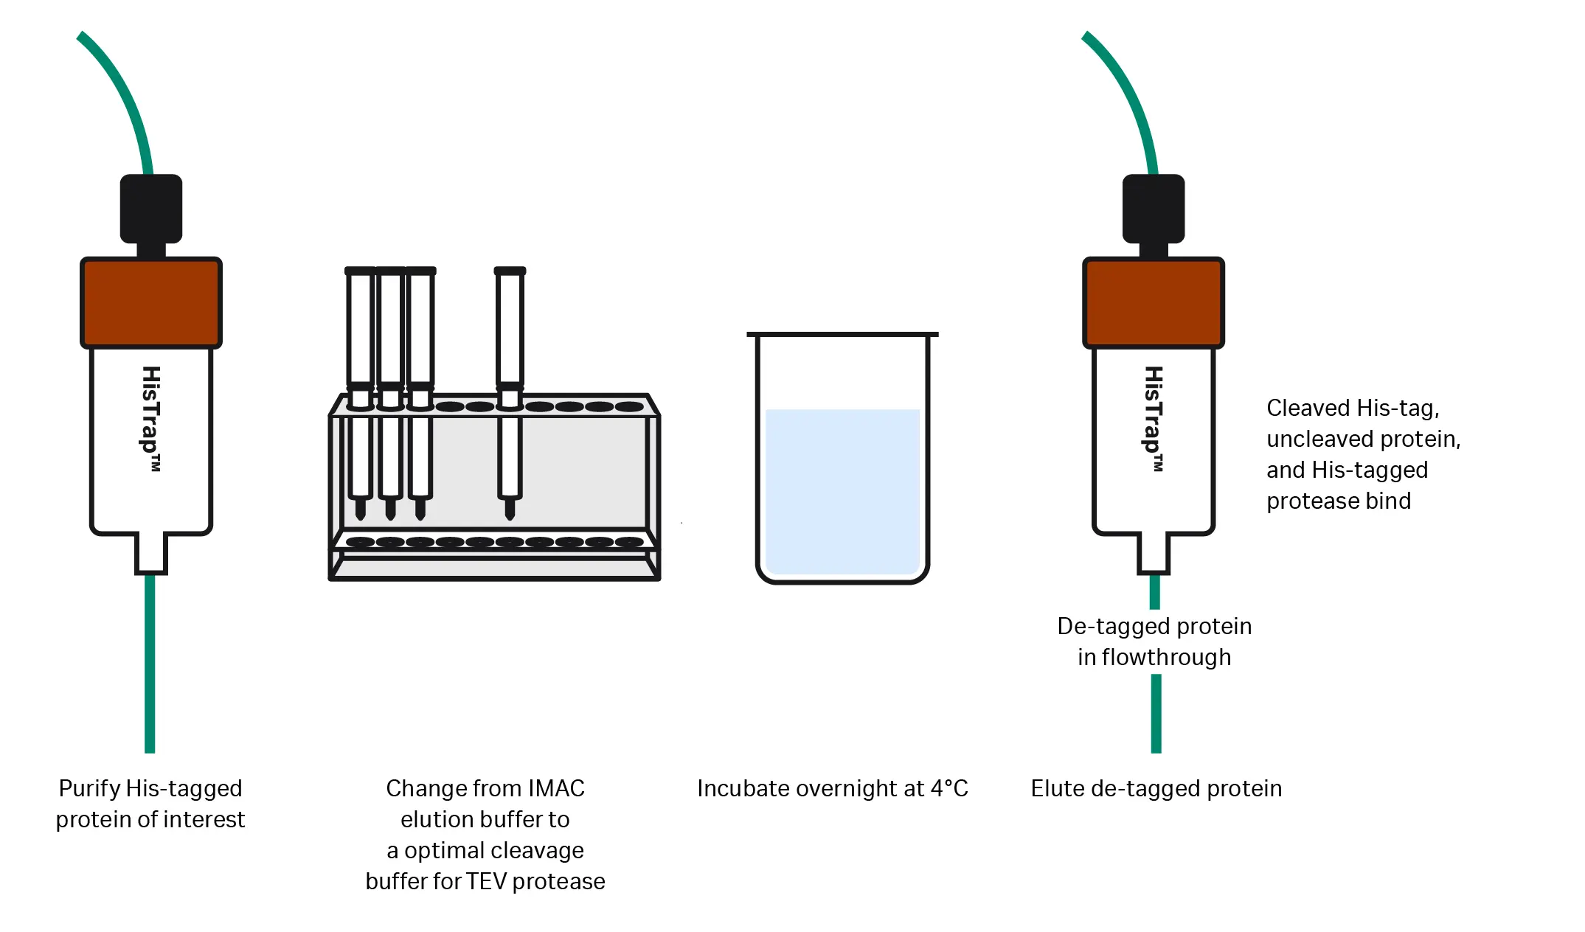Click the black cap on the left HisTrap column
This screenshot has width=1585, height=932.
tap(151, 208)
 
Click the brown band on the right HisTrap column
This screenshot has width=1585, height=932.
tap(1153, 302)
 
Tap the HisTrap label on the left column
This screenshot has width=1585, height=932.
tap(151, 417)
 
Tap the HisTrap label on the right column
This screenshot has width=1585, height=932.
tap(1154, 417)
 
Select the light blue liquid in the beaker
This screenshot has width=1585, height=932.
tap(842, 490)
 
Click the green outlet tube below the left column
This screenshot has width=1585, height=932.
tap(150, 664)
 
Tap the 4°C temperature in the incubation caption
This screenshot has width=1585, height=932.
tap(949, 788)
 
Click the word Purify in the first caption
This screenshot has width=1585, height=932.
tap(89, 788)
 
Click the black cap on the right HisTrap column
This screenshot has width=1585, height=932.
tap(1154, 208)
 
